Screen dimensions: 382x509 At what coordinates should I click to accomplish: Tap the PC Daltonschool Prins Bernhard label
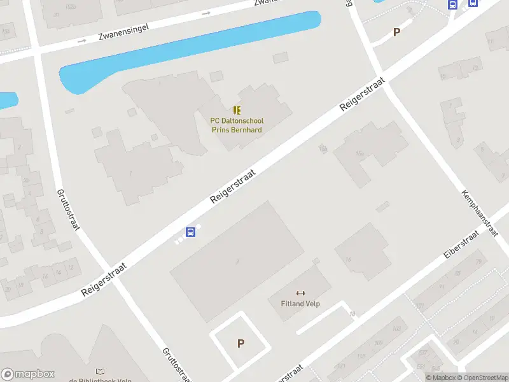tap(237, 125)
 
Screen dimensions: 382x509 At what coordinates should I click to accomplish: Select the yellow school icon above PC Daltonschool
tap(237, 111)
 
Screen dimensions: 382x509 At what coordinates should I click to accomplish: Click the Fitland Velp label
tap(300, 304)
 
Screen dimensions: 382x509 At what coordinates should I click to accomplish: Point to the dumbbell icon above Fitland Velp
tap(300, 293)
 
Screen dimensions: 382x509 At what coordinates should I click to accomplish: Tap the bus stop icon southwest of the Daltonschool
tap(190, 232)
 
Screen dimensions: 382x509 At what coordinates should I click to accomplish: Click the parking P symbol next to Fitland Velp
tap(241, 344)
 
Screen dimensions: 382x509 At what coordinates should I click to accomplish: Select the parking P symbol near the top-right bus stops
tap(397, 32)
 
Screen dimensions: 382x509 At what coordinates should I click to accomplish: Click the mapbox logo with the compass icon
tap(28, 374)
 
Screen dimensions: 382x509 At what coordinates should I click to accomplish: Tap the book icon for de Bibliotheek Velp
tap(100, 371)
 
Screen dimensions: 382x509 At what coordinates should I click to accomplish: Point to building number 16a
tap(360, 153)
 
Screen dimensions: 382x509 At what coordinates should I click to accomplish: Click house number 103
tap(396, 329)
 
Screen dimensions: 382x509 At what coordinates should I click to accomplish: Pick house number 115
tap(361, 357)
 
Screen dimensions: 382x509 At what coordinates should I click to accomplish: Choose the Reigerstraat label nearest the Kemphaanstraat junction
tap(363, 96)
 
